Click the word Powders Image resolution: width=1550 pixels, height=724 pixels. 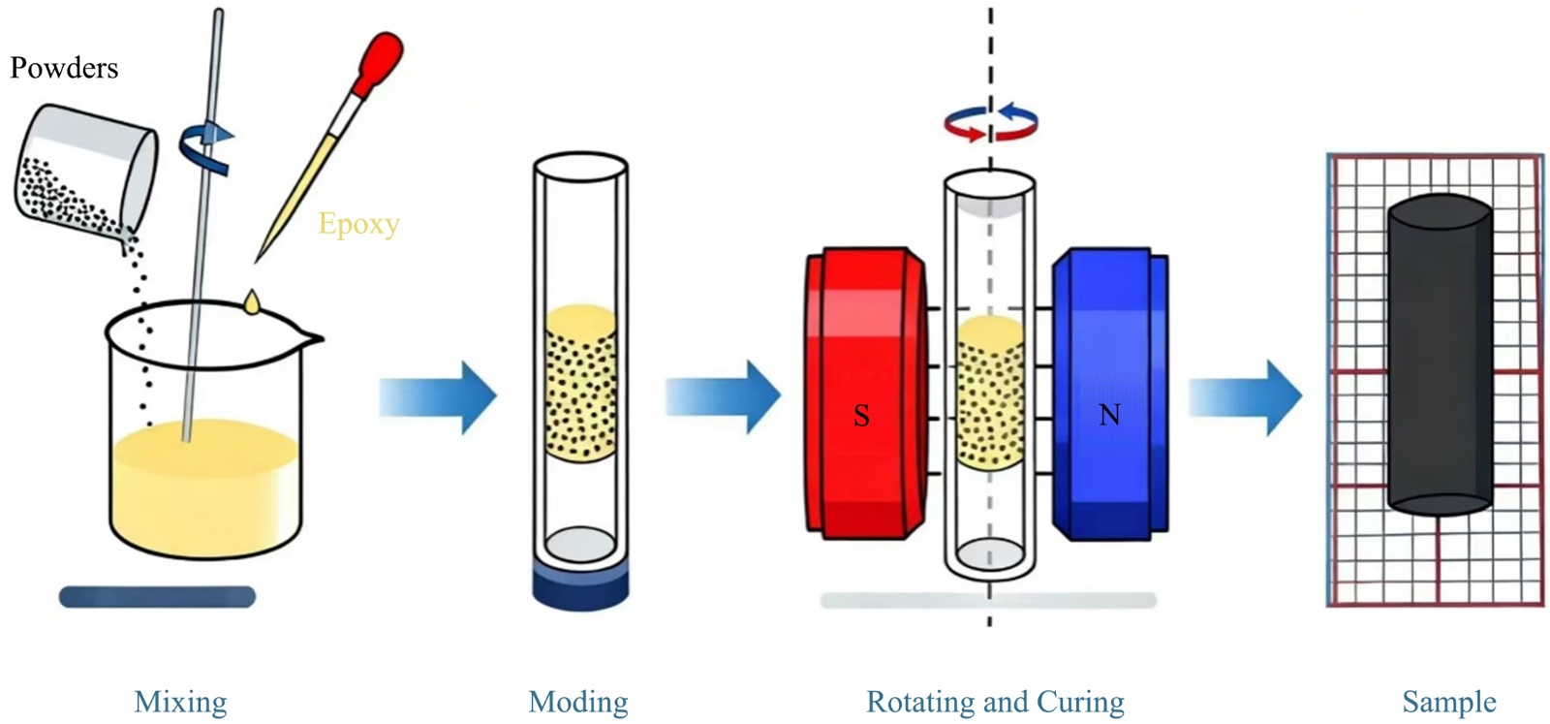[64, 68]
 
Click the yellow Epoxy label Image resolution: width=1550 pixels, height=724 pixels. [358, 224]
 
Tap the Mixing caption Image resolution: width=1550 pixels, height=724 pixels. [180, 701]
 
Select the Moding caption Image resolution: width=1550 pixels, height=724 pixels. [578, 701]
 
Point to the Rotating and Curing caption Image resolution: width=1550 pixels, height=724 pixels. [995, 701]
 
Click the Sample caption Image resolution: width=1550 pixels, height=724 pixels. [1449, 701]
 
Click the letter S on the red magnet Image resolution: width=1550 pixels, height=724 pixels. [861, 416]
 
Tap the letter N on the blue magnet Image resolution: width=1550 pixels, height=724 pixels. [1109, 415]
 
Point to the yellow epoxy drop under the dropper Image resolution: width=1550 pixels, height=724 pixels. [252, 301]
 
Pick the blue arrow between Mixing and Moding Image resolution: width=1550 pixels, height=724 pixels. [438, 396]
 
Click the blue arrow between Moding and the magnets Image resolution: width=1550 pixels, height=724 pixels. [723, 396]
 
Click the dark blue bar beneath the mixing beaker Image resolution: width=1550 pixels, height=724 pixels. [157, 596]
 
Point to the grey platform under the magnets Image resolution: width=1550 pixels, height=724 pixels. [988, 601]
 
